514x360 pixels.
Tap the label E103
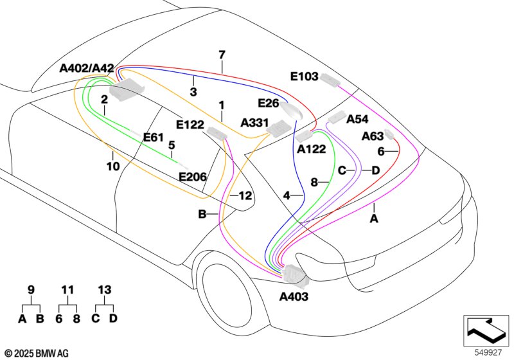304,76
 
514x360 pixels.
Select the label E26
268,103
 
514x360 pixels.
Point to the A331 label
254,122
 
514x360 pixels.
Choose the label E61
154,137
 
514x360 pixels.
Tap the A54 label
357,120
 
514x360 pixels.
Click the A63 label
373,136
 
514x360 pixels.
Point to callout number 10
112,166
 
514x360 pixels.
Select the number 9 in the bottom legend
31,291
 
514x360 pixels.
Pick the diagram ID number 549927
488,352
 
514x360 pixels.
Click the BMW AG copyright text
36,353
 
